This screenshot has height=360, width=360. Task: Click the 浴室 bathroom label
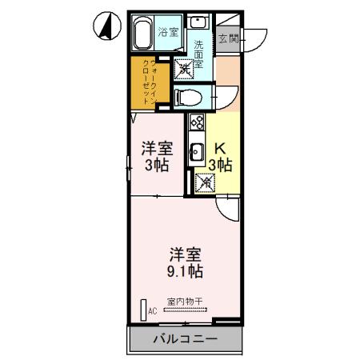pos(167,32)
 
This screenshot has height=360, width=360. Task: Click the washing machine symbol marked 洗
pos(184,70)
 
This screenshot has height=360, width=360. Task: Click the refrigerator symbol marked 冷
pos(206,183)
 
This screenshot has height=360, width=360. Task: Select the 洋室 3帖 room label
pos(157,155)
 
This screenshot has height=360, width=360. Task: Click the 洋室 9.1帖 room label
pos(185,263)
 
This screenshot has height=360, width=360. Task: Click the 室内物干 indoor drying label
pos(185,302)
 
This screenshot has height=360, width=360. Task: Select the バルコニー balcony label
pos(185,339)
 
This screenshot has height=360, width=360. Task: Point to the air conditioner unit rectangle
pos(144,310)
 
